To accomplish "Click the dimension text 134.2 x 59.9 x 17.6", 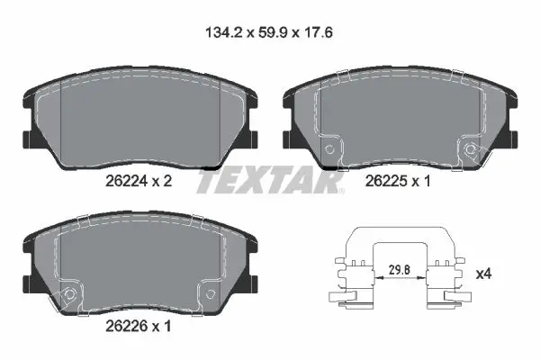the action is click(x=269, y=33).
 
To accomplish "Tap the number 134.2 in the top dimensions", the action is click(x=224, y=33).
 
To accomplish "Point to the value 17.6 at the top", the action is click(x=318, y=33).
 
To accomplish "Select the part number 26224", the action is click(x=126, y=181).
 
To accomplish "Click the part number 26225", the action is click(x=386, y=181).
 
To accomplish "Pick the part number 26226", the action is click(x=126, y=326).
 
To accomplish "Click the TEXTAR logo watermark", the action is click(x=270, y=180).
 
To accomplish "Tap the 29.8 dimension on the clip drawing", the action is click(x=400, y=270).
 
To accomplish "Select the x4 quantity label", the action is click(x=483, y=274).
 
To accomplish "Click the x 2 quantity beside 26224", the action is click(x=162, y=181).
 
